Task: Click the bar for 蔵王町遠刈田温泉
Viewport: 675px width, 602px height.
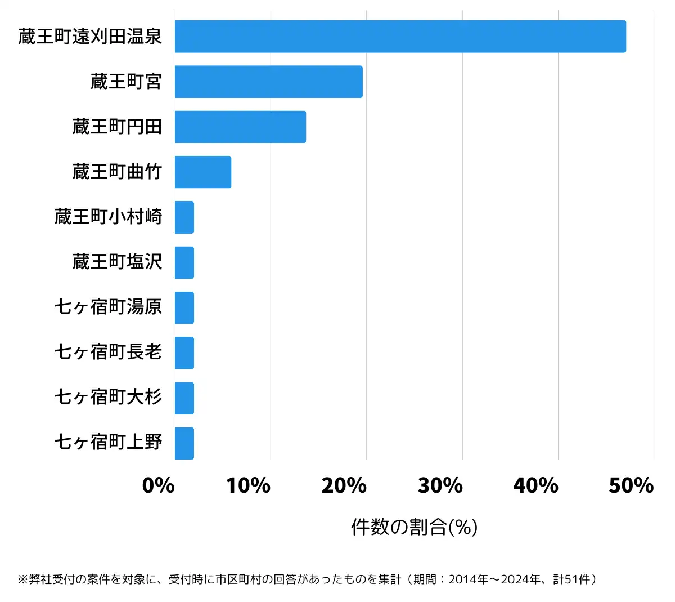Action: pos(400,37)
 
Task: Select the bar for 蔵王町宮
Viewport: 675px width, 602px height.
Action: pos(268,82)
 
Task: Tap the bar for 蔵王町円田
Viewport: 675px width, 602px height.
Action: pos(240,127)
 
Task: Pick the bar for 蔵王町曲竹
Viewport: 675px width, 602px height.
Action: pos(202,172)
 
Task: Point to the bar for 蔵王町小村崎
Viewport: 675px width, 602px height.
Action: pos(184,217)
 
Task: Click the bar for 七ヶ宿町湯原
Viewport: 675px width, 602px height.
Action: pos(184,307)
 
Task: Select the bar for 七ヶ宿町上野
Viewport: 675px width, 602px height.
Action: pos(184,443)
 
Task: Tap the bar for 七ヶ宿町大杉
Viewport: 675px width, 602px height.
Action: pos(184,398)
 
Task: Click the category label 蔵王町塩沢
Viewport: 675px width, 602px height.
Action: pos(117,262)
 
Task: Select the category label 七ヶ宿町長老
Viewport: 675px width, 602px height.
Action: pos(108,352)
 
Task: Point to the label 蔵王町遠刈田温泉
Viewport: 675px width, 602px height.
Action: pos(90,37)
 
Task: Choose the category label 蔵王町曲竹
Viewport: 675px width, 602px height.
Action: pos(117,172)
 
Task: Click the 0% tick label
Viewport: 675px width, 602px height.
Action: pos(158,485)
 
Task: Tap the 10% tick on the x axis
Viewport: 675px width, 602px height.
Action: pos(248,485)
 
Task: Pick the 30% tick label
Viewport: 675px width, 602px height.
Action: pos(440,485)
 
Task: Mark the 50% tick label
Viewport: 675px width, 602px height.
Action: pos(631,485)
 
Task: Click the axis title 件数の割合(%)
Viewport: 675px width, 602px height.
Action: pos(414,527)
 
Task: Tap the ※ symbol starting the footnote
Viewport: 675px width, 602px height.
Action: pos(22,579)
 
